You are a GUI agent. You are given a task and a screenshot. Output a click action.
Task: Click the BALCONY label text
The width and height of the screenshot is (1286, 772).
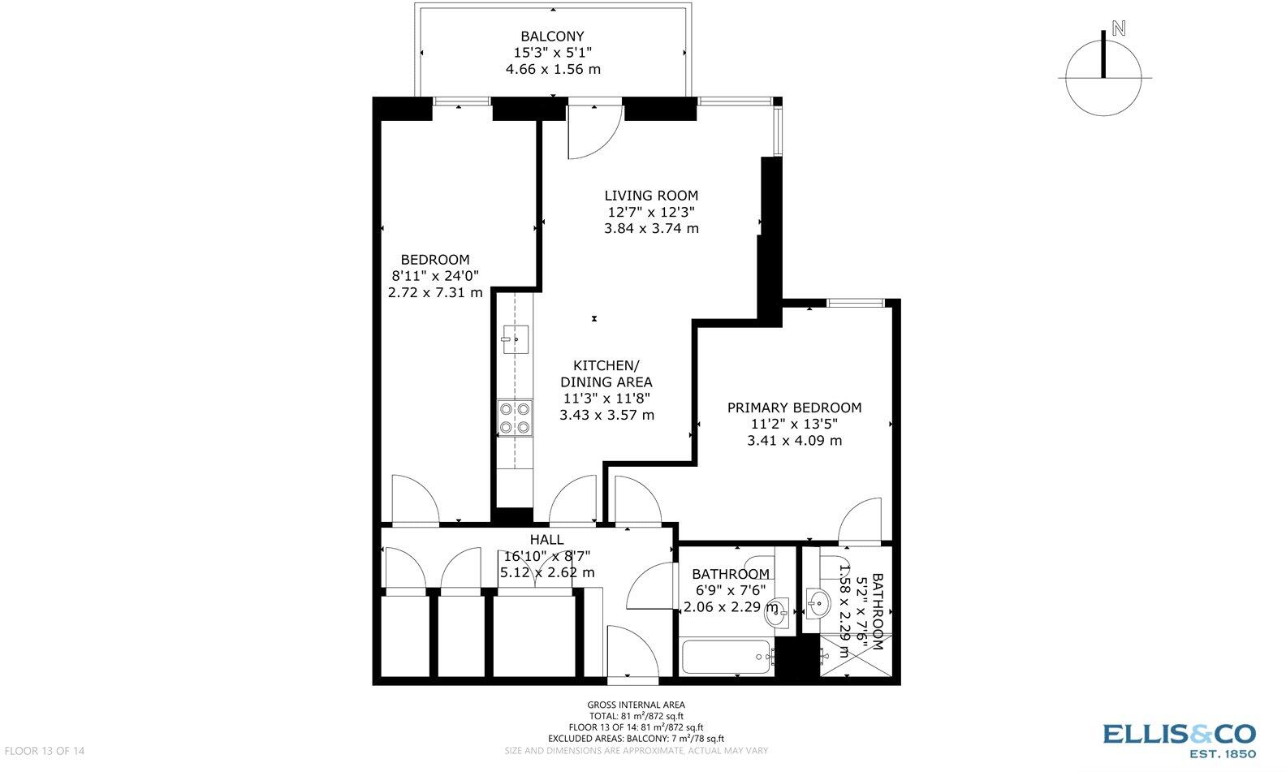click(552, 36)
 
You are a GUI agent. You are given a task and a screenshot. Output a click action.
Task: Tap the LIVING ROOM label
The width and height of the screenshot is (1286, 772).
click(651, 196)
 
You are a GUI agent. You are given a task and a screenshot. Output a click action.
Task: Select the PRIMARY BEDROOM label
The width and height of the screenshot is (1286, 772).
click(794, 408)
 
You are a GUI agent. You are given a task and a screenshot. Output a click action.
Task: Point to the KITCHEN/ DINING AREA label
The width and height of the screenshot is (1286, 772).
click(606, 373)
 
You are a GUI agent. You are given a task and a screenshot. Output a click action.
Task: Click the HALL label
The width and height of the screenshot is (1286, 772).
click(546, 540)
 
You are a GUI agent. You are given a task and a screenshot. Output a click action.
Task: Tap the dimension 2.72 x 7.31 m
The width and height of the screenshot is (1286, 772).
click(435, 292)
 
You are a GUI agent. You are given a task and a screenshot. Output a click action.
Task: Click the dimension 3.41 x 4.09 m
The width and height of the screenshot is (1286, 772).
click(794, 441)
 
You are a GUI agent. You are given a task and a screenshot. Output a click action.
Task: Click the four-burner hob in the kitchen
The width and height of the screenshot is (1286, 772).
click(515, 418)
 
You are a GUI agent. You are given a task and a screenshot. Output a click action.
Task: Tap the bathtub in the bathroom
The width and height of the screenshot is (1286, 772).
click(726, 657)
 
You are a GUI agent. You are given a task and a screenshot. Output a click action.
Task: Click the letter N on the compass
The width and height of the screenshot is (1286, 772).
click(1119, 29)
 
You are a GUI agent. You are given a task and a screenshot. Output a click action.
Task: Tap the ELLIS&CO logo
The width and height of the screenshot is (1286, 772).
click(1179, 735)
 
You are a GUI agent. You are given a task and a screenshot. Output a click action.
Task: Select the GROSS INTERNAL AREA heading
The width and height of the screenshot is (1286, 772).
click(636, 705)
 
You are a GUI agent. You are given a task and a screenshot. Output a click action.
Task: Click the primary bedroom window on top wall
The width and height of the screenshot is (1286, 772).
click(855, 303)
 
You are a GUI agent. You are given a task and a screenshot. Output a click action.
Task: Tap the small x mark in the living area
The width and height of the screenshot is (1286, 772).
click(594, 318)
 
